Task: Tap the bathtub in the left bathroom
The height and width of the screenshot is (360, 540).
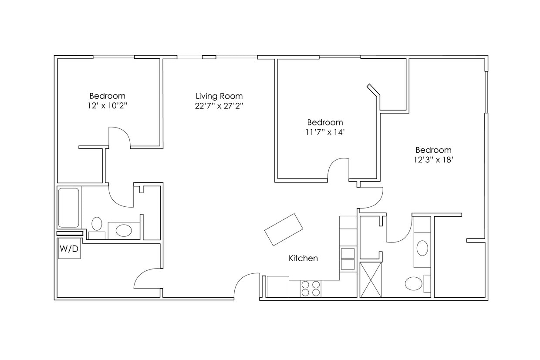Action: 69,208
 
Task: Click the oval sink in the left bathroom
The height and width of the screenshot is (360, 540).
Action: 124,230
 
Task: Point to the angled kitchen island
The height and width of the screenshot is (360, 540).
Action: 284,229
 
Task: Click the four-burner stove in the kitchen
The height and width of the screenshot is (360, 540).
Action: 311,289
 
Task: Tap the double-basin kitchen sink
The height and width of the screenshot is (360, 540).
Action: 348,259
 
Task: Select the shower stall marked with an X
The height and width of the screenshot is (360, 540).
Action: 371,279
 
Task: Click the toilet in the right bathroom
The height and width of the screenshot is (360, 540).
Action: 414,284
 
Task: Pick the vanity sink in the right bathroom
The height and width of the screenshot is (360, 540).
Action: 422,248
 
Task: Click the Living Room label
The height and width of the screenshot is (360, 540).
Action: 219,96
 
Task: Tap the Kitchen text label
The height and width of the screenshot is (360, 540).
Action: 303,258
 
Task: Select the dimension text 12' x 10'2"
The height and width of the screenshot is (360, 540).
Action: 108,106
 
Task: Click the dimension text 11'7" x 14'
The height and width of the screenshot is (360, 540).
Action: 325,132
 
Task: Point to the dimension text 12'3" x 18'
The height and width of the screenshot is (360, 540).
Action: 433,160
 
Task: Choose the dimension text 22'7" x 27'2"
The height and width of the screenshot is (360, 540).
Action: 219,106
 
